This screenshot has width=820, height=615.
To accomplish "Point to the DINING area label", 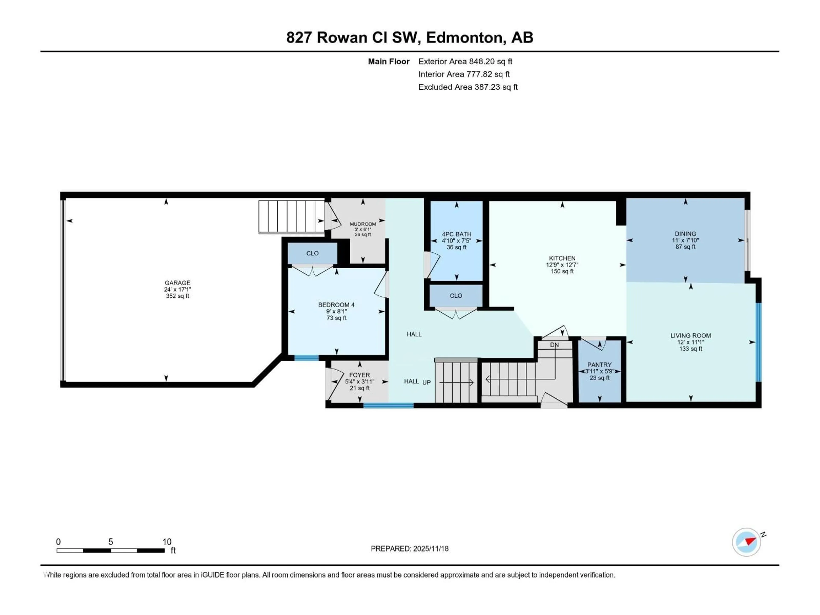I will pyautogui.click(x=685, y=234).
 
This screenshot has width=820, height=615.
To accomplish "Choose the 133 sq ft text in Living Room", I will pyautogui.click(x=690, y=348).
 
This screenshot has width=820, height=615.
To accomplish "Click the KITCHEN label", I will pyautogui.click(x=562, y=258).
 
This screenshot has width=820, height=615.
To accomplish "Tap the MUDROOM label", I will pyautogui.click(x=363, y=224).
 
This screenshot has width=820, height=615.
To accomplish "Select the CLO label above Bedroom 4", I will pyautogui.click(x=312, y=253).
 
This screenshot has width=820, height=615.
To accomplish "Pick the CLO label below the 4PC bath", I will pyautogui.click(x=456, y=296).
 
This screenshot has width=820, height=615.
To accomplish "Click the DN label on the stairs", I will pyautogui.click(x=554, y=345).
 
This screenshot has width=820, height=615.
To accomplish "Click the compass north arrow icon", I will pyautogui.click(x=746, y=542).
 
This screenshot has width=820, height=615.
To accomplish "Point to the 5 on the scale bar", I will pyautogui.click(x=110, y=542).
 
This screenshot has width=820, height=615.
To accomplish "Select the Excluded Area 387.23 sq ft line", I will pyautogui.click(x=468, y=87).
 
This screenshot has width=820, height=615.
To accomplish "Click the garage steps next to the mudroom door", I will pyautogui.click(x=291, y=217).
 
